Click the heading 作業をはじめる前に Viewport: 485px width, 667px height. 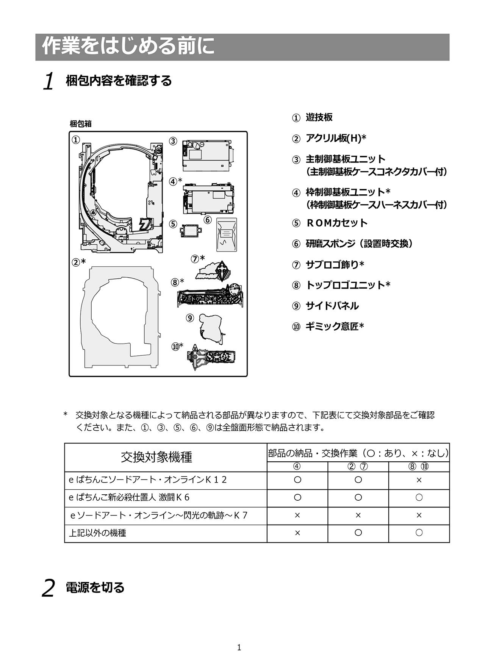pyautogui.click(x=128, y=47)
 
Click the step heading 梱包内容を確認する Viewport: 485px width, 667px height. pyautogui.click(x=119, y=81)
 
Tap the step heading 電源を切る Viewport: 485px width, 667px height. pyautogui.click(x=95, y=587)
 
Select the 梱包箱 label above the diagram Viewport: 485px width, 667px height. pyautogui.click(x=81, y=124)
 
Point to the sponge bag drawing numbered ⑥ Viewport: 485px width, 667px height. pyautogui.click(x=227, y=234)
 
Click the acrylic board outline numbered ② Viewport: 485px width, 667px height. pyautogui.click(x=119, y=317)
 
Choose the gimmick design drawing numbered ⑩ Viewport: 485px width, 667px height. pyautogui.click(x=211, y=357)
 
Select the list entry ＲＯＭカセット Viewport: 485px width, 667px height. pyautogui.click(x=336, y=223)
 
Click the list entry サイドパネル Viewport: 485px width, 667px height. pyautogui.click(x=332, y=306)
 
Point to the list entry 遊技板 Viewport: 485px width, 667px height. pyautogui.click(x=319, y=117)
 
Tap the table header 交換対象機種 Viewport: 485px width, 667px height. pyautogui.click(x=156, y=457)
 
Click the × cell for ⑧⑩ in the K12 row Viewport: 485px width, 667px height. pyautogui.click(x=419, y=480)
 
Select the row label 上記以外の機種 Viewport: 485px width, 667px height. pyautogui.click(x=97, y=533)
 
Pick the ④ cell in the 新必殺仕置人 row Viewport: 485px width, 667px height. pyautogui.click(x=297, y=497)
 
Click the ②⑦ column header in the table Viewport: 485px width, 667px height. pyautogui.click(x=358, y=467)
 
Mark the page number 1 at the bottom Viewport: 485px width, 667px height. pyautogui.click(x=239, y=647)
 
